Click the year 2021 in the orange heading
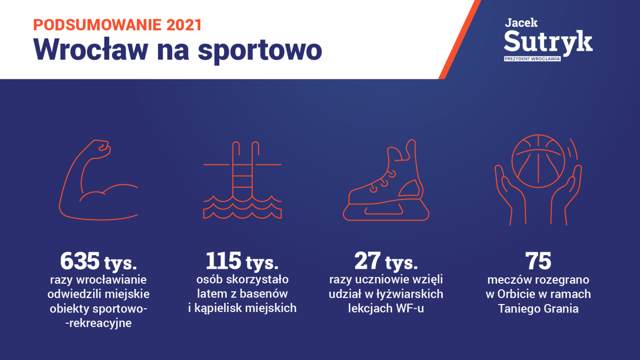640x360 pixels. [185, 25]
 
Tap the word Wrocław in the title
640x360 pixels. [91, 49]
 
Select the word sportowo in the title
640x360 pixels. [260, 51]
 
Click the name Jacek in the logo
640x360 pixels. [521, 23]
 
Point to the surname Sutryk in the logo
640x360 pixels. [548, 42]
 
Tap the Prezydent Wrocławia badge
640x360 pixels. [532, 59]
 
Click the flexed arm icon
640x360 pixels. [99, 180]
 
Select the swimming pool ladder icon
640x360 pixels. [242, 180]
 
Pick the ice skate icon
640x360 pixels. [386, 180]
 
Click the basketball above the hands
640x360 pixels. [538, 161]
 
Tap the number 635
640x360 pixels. [79, 261]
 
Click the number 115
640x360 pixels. [223, 261]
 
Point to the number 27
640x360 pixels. [367, 261]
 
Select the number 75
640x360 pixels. [538, 261]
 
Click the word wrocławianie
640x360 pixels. [111, 279]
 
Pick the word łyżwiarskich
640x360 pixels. [410, 294]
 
